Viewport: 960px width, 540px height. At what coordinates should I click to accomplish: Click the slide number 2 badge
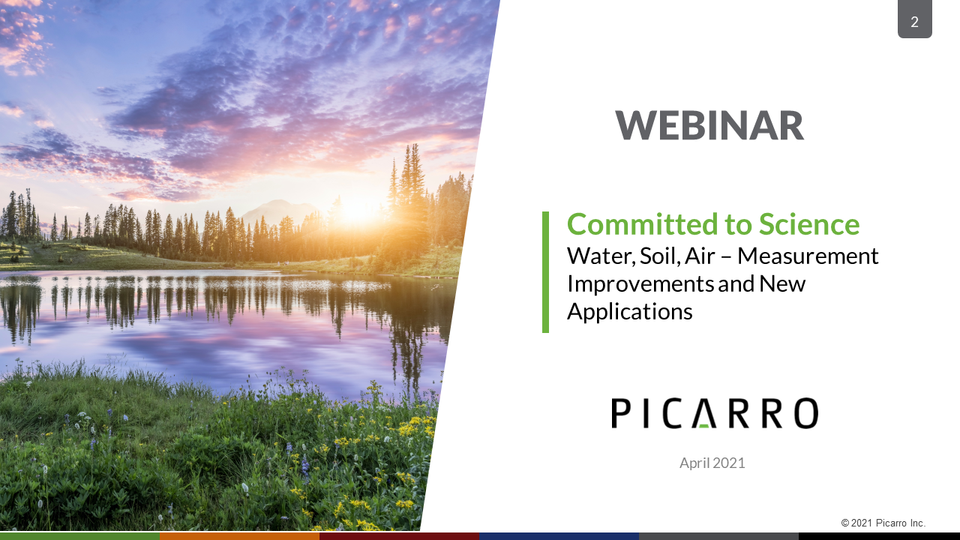(914, 19)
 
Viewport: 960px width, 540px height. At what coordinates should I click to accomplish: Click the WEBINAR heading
(709, 125)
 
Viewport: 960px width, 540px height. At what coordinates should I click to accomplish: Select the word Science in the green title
(809, 224)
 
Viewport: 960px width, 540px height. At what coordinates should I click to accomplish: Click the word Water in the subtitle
(601, 256)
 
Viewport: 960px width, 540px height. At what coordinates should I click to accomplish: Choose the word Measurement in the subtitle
(808, 256)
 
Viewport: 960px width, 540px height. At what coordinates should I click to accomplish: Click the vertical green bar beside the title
(545, 272)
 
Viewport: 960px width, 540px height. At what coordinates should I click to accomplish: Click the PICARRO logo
(715, 413)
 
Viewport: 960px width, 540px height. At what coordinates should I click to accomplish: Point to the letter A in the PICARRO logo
(703, 413)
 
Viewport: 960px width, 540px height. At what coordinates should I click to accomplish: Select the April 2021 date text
(712, 463)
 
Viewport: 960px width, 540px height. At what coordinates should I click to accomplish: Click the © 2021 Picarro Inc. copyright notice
(883, 523)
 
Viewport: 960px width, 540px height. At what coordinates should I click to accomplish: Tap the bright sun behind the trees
(356, 211)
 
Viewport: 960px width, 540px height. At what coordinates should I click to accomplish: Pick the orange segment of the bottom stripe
(239, 536)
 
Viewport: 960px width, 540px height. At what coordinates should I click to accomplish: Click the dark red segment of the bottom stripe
(400, 536)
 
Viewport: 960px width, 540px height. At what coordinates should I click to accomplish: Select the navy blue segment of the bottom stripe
(559, 536)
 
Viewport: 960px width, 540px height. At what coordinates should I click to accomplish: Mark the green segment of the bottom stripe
(79, 536)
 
